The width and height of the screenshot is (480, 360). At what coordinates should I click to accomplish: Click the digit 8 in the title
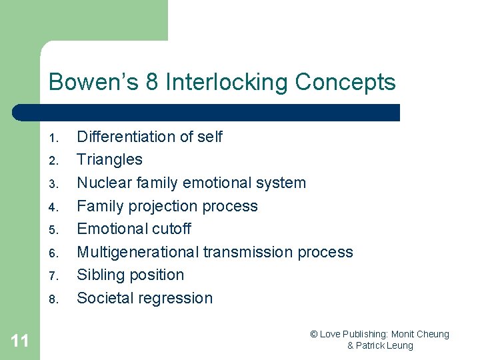(x=153, y=83)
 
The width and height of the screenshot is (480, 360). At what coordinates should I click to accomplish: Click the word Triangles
(x=109, y=159)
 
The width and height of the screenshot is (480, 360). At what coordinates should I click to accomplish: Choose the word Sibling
(x=100, y=275)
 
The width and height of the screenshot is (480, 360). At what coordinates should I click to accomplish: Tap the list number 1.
(x=55, y=139)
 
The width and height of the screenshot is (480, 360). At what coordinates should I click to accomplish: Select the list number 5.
(x=55, y=231)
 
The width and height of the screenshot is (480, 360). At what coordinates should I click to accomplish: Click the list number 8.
(x=55, y=300)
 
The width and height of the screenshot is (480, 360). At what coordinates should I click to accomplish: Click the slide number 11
(x=20, y=341)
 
